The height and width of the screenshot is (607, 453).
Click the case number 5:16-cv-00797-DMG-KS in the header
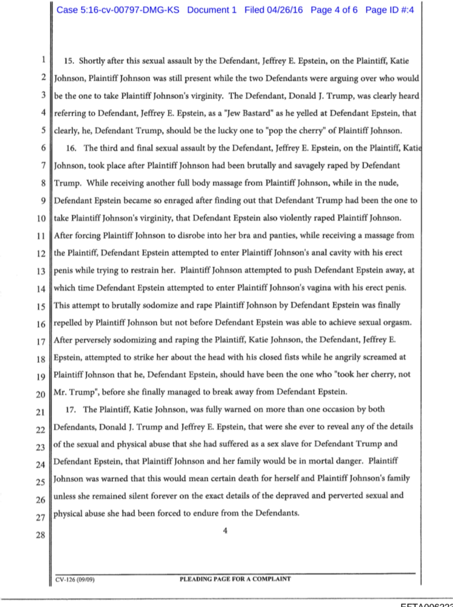[x=117, y=10]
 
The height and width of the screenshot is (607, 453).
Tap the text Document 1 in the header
[x=211, y=10]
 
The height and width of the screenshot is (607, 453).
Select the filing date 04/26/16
[x=285, y=10]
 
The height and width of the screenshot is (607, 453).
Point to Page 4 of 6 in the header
[x=334, y=10]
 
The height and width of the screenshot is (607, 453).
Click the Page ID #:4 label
[x=389, y=10]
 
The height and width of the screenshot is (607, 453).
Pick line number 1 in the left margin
[x=43, y=59]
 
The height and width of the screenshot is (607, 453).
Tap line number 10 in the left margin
[x=41, y=218]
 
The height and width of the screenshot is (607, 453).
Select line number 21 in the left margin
[x=40, y=412]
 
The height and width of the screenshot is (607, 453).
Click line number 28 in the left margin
[x=40, y=535]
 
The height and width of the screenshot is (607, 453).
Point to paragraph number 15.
[x=69, y=61]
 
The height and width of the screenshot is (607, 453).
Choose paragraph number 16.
[x=71, y=148]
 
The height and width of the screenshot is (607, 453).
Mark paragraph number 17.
[x=70, y=410]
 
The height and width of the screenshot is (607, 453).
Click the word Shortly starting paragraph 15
[x=92, y=61]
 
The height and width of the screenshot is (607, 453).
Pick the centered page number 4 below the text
[x=225, y=531]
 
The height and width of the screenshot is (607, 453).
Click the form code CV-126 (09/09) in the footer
[x=75, y=580]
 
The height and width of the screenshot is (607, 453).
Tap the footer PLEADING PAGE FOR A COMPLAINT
[x=235, y=579]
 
